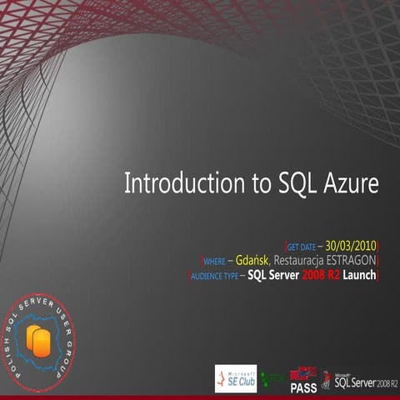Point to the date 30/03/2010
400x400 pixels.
351,246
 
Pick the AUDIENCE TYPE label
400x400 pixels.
214,276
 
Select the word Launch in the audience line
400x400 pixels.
358,275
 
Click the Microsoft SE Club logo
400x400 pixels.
235,378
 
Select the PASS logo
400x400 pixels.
303,380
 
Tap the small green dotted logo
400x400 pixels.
271,380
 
